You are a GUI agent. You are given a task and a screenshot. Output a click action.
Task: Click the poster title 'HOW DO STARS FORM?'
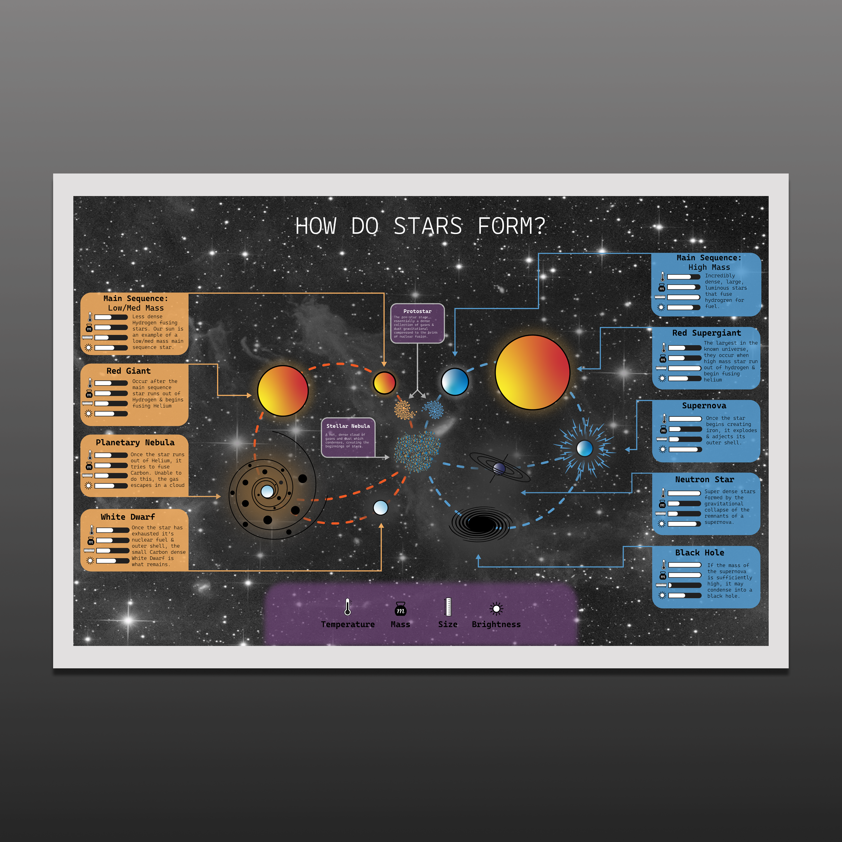tap(421, 226)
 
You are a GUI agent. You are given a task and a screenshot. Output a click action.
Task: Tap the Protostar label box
tap(417, 323)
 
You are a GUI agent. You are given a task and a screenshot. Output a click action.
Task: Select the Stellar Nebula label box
tap(348, 437)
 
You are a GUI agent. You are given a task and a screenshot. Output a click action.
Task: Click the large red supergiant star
tap(532, 372)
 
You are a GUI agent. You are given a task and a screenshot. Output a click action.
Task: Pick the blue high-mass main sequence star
tap(455, 381)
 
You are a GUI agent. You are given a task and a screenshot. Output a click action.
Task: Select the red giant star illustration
tap(283, 391)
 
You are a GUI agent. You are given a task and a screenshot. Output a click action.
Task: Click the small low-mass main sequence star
tap(384, 383)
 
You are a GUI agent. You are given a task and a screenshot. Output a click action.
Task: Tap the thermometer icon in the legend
tap(347, 607)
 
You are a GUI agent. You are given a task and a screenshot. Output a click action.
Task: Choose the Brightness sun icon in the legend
tap(496, 608)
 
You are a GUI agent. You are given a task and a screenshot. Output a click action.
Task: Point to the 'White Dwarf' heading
tap(128, 517)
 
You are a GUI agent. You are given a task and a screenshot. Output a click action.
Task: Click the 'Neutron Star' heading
tap(704, 479)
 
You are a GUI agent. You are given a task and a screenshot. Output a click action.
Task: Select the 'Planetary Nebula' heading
tap(135, 442)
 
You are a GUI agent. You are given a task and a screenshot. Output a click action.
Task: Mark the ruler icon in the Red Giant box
tap(88, 403)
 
